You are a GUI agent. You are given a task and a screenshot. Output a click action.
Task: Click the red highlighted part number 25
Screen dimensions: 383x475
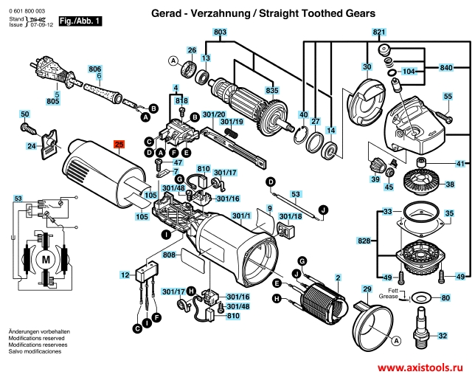[x=119, y=145]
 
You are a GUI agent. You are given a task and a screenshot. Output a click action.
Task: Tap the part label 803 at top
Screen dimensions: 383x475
[x=220, y=32]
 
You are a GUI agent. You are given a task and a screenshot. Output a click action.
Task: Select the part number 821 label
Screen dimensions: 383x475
[x=379, y=32]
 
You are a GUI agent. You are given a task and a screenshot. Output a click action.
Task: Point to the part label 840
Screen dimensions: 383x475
[x=445, y=68]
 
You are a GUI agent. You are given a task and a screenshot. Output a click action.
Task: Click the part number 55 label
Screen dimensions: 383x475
[x=448, y=97]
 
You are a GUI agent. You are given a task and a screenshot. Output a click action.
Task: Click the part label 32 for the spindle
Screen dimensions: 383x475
[x=443, y=336]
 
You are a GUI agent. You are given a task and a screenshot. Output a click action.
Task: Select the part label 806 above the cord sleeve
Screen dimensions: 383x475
[x=94, y=69]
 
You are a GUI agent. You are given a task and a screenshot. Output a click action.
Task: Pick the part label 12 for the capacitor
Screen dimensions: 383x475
[x=125, y=275]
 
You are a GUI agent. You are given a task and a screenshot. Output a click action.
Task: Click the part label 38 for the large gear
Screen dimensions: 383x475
[x=449, y=184]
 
